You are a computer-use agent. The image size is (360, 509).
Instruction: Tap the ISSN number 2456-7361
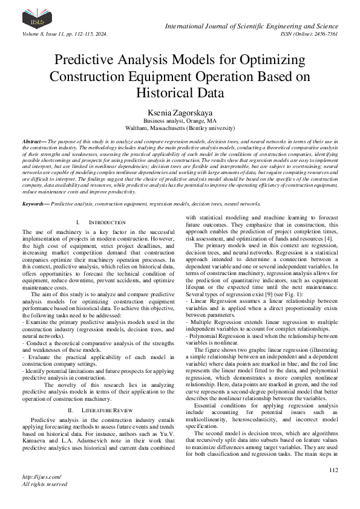click(x=324, y=34)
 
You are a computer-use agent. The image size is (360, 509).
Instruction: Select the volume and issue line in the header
click(x=65, y=34)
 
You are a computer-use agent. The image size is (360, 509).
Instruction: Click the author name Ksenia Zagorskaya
click(x=179, y=112)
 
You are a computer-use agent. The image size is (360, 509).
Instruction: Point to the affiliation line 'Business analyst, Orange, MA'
click(x=179, y=121)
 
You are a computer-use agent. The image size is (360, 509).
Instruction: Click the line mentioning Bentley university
click(x=179, y=128)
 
